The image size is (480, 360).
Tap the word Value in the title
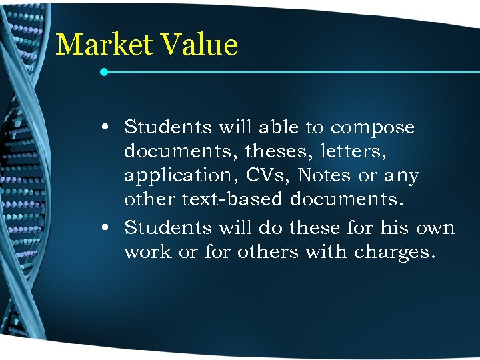pyautogui.click(x=199, y=45)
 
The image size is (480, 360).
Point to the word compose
pyautogui.click(x=373, y=127)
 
